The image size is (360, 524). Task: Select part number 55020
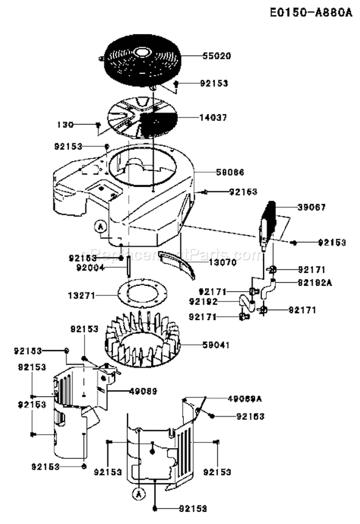216,56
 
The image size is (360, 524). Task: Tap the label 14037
212,117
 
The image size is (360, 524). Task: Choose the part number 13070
222,262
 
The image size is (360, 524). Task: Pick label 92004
91,268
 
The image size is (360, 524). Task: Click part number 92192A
315,282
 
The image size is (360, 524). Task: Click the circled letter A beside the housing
100,226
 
